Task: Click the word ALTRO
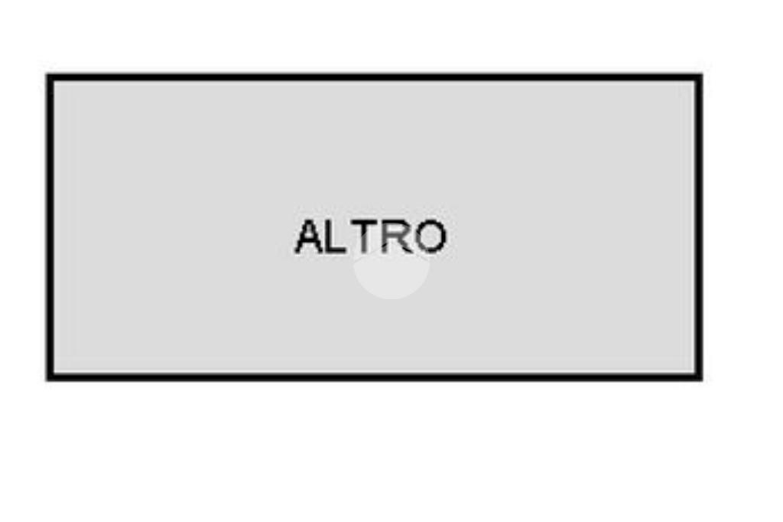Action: (370, 237)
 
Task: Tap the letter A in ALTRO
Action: (310, 237)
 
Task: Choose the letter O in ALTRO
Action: (429, 237)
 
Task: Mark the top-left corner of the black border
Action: (50, 77)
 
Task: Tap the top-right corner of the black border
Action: (699, 77)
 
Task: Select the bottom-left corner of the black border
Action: (50, 377)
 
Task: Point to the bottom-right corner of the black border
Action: (699, 377)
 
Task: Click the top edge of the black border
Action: (375, 77)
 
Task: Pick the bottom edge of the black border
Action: (375, 377)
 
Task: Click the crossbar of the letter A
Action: (310, 243)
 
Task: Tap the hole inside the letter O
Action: (429, 237)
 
